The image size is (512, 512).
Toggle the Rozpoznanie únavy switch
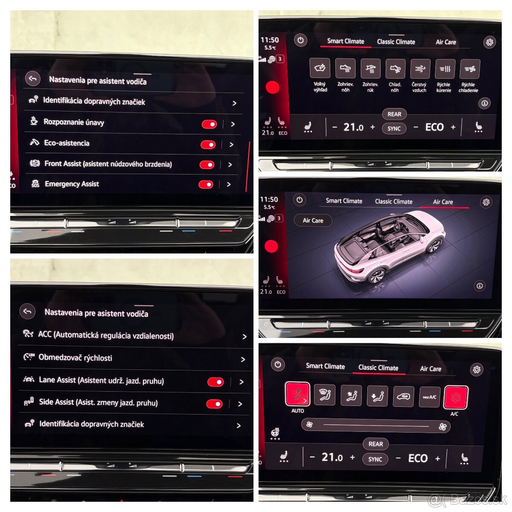coord(209,124)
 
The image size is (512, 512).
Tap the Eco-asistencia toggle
coord(208,145)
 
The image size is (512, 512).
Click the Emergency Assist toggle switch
coord(206,184)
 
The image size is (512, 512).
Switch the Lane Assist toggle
coord(215,382)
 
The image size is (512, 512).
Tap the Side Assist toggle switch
coord(214,404)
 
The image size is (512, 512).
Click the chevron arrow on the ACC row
coord(244,337)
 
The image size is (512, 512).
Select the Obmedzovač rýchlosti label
coord(75,358)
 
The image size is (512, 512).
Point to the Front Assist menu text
coord(108,164)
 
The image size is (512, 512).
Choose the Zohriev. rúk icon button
coord(370,69)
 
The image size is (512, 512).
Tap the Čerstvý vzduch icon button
coord(420,69)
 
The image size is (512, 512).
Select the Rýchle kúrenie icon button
coord(445,69)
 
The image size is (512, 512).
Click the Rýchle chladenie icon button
coord(469,69)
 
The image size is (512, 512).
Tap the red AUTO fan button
coord(297,394)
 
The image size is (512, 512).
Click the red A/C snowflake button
coord(456,397)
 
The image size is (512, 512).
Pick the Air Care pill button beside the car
coord(313,221)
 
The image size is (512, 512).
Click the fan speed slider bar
coord(376,425)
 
